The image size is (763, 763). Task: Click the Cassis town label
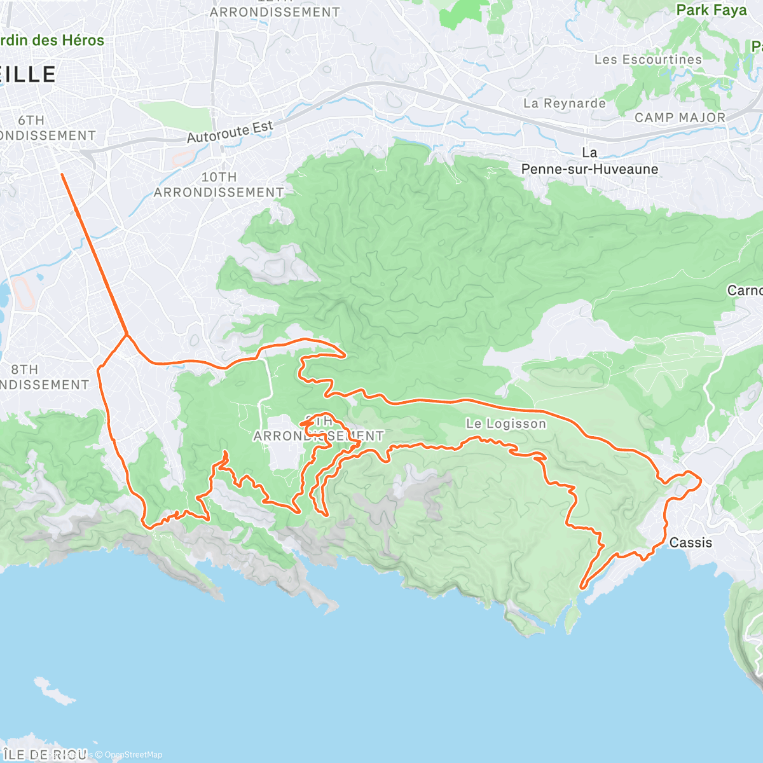pos(691,542)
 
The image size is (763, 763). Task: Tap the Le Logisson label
pos(505,423)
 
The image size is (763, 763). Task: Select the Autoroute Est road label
pos(230,132)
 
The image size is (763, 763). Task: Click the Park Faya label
pos(711,10)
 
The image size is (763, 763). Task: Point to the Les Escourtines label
pos(647,59)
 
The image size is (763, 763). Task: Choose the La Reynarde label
pos(564,103)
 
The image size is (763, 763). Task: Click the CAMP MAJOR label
pos(680,118)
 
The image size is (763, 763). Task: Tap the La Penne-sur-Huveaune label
pos(589,162)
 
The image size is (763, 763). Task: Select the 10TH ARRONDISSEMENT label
pos(219,184)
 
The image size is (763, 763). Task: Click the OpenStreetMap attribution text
pos(133,755)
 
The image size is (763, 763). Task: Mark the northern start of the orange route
pos(62,174)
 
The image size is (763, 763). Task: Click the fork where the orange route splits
pos(127,334)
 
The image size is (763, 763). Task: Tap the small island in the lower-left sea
pos(53,692)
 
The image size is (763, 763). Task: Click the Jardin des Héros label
pos(51,40)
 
